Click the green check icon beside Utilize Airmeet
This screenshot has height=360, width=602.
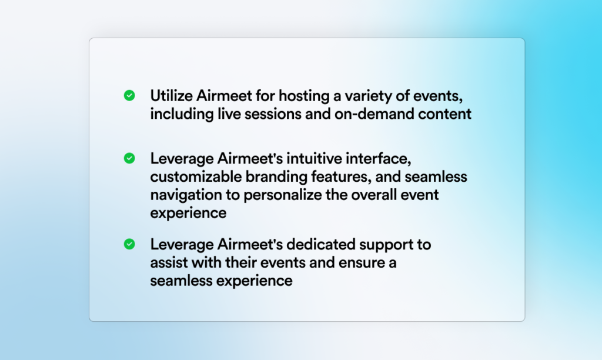coord(129,95)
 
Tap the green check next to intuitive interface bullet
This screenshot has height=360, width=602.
coord(129,158)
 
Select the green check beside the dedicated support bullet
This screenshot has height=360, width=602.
coord(129,244)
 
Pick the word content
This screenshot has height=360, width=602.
coord(444,114)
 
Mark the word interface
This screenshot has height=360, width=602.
coord(379,159)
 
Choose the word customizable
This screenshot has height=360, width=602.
coord(196,176)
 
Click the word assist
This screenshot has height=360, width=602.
coord(169,263)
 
